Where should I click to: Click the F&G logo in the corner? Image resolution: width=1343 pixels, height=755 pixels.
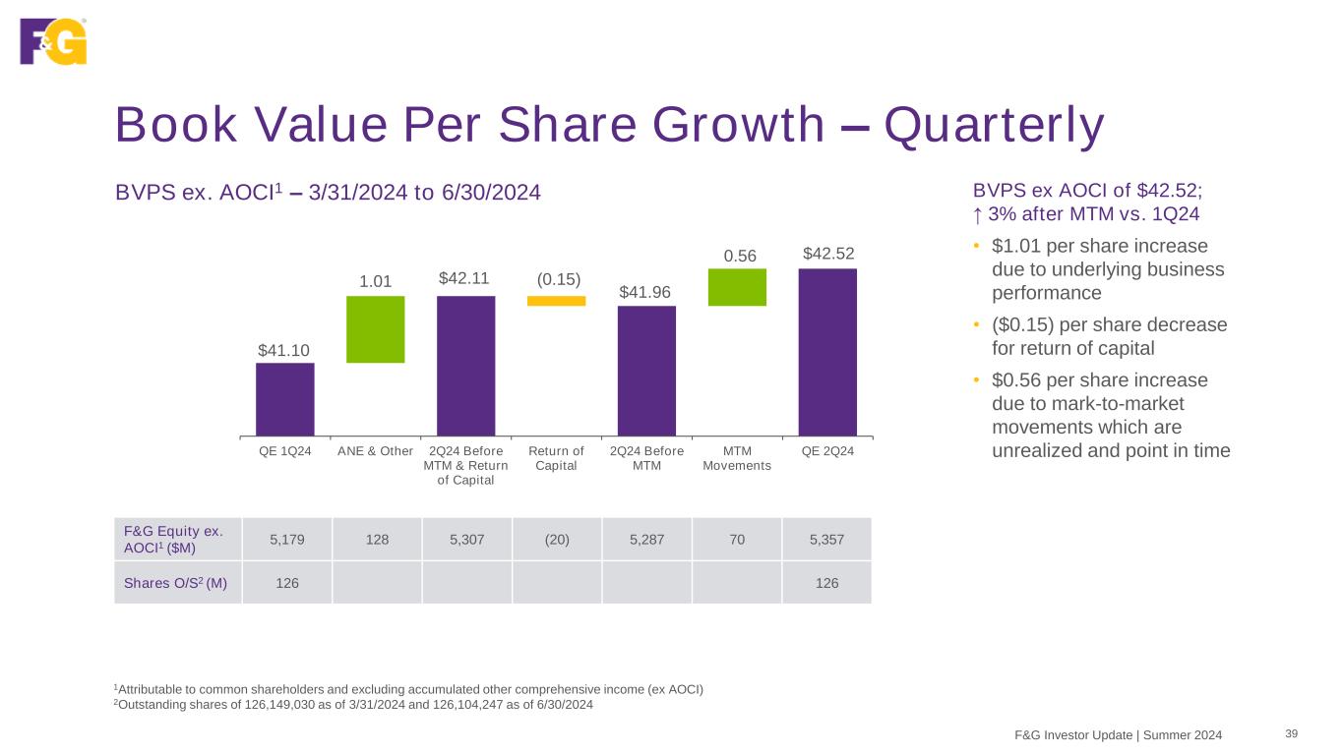click(53, 41)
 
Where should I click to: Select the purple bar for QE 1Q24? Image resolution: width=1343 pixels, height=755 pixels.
click(284, 399)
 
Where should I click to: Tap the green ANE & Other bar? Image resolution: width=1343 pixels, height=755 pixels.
click(375, 329)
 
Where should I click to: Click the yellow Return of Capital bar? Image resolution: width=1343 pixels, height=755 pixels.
click(556, 301)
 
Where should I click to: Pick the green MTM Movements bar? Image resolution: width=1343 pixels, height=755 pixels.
click(737, 287)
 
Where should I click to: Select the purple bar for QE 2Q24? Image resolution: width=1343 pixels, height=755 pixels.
click(827, 351)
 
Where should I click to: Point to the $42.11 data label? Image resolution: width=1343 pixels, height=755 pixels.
click(465, 279)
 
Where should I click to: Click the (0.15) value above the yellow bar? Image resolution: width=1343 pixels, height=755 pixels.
click(557, 279)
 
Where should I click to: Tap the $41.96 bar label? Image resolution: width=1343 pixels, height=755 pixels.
click(646, 292)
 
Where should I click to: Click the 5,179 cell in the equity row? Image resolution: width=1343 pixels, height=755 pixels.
click(287, 540)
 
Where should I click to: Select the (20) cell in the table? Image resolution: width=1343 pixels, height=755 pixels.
click(557, 540)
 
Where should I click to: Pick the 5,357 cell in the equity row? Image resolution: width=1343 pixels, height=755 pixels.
click(827, 540)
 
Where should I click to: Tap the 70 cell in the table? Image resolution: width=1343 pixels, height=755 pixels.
click(737, 540)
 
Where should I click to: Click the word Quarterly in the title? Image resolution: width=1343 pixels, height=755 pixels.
click(994, 126)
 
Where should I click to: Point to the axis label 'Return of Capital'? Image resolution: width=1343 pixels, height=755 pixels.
click(556, 458)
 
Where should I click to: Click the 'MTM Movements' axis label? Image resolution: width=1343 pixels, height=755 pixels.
click(737, 458)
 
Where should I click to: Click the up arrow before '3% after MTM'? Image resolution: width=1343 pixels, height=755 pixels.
click(978, 214)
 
